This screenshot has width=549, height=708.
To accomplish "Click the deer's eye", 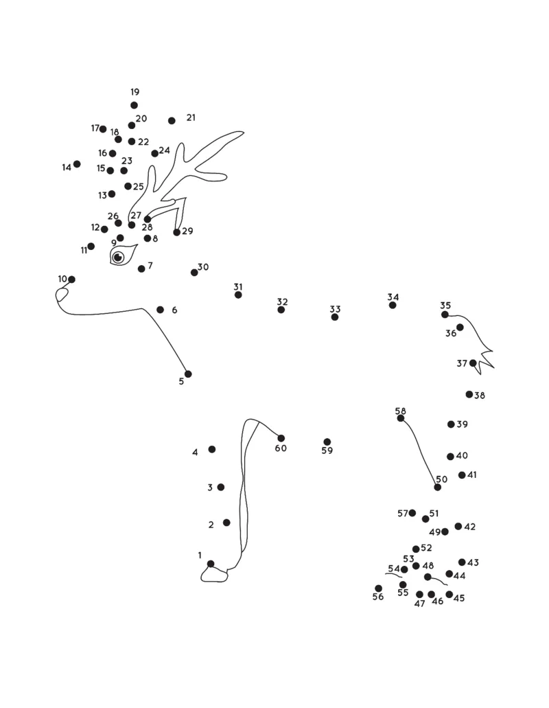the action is [118, 258].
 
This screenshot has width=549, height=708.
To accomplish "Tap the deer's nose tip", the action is [62, 295].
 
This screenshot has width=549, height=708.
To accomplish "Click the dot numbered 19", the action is [134, 105].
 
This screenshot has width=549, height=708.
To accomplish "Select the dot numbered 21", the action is [172, 121].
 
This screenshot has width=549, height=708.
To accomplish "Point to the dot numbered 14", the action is [77, 164].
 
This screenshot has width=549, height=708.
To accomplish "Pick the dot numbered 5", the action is [188, 374].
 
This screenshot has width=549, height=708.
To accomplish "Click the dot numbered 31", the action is [238, 295].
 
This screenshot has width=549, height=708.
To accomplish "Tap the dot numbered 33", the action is [335, 317].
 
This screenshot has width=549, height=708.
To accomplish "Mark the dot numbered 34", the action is [393, 305].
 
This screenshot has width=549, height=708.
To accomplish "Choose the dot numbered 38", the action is [469, 394].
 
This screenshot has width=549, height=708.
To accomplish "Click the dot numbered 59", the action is [327, 442].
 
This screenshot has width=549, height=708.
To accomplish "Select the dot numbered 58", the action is [401, 418].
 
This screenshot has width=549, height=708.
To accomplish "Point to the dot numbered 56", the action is [378, 588].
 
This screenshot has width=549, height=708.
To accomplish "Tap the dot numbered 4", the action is [212, 449].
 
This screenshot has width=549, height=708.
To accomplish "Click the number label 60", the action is [281, 448].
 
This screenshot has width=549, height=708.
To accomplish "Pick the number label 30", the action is [203, 267].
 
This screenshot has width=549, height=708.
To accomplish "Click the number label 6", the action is [174, 310].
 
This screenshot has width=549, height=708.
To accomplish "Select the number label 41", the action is [472, 475].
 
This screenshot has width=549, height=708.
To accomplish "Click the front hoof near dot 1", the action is [213, 575].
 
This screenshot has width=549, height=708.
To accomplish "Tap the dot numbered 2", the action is [226, 523].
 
